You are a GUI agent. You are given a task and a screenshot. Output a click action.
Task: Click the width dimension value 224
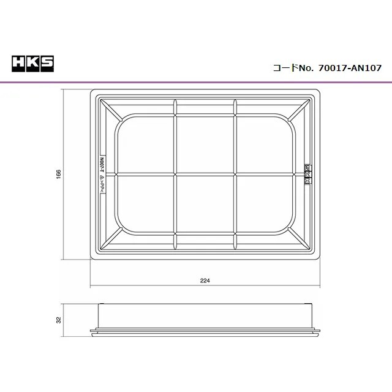[205, 281]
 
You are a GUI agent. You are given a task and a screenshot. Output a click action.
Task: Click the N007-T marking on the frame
[102, 164]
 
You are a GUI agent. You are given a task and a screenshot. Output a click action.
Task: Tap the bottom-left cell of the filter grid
[146, 205]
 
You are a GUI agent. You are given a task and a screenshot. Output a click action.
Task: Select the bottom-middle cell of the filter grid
[205, 205]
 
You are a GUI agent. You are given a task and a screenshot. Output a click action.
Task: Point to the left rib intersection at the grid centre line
[176, 175]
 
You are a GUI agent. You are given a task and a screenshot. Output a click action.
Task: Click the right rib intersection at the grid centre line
[235, 175]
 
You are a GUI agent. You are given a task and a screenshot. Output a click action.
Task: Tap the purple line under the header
[196, 82]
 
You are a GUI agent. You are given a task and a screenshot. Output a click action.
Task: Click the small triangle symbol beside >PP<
[102, 177]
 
